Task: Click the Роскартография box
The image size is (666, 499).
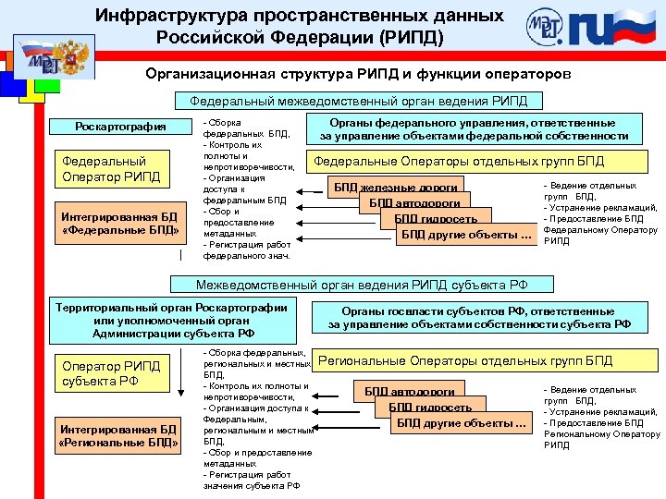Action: click(120, 127)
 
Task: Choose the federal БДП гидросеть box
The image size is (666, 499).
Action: click(435, 219)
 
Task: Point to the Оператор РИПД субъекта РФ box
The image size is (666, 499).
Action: click(111, 372)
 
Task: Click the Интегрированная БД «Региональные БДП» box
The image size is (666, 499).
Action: click(117, 434)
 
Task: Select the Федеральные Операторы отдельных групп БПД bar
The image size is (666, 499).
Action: click(459, 161)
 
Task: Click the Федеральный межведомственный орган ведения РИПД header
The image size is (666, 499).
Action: click(359, 101)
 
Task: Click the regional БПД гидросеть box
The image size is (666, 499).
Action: click(430, 408)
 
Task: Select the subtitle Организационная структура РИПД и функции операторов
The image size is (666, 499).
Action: click(359, 72)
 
